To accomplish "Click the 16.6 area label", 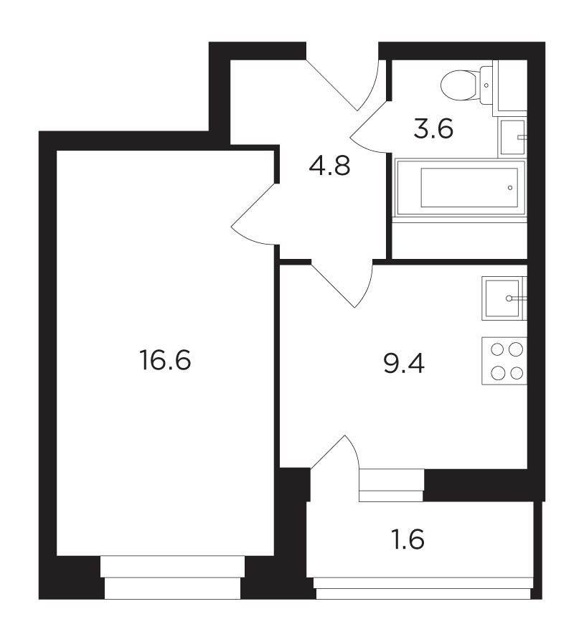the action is pos(165,360).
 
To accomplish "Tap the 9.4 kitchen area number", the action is pos(404,363).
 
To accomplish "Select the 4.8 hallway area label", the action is pos(330,166).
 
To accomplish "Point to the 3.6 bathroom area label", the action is pos(433,128).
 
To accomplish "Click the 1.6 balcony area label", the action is pos(408,539).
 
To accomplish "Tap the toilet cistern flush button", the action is pos(486,85).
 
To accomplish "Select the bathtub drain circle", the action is pos(510,188).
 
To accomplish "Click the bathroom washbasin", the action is pos(512,138).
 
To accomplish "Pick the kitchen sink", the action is pos(504,298).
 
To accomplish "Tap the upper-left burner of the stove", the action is pos(497,350).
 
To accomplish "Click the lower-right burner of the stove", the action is pos(517,373).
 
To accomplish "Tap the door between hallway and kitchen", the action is pos(342,284).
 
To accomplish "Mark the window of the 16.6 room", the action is pos(172,577).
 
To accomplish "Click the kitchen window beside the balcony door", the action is pos(392,485).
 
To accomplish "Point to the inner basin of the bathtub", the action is pos(469,188).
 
